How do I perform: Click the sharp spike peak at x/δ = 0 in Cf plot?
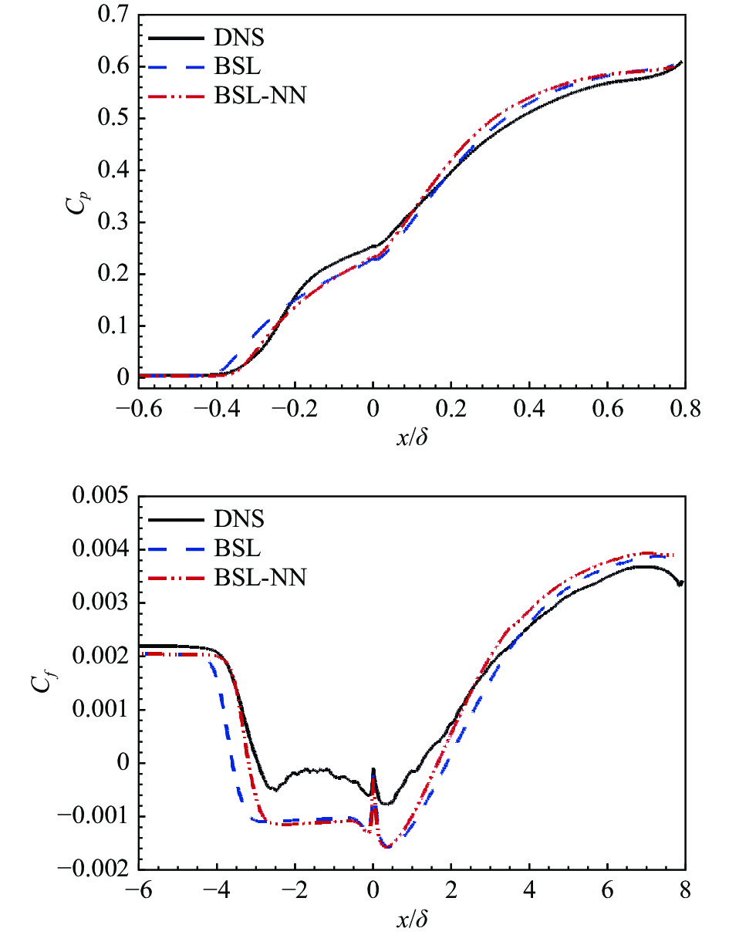pos(373,769)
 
